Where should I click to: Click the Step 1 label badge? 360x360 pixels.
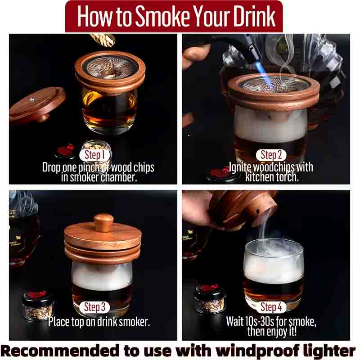(x=93, y=155)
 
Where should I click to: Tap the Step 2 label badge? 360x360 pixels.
(x=271, y=155)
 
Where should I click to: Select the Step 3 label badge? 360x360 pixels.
(x=94, y=307)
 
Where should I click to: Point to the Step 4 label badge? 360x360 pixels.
(x=271, y=307)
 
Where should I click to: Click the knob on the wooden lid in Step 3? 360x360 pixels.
(x=103, y=222)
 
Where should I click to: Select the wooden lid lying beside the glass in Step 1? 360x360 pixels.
(x=37, y=105)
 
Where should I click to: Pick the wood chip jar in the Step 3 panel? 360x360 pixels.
(x=38, y=306)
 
